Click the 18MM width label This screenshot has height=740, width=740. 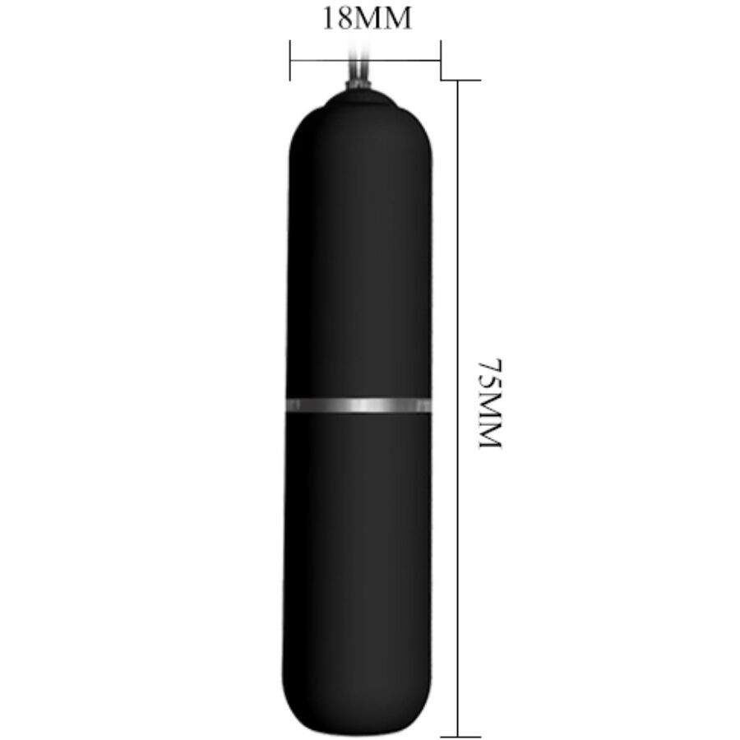(x=367, y=19)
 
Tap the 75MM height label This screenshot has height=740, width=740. (x=490, y=403)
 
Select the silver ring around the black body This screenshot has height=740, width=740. (x=358, y=405)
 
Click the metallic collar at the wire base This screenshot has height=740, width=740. (x=358, y=86)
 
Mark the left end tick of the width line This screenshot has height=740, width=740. (x=289, y=60)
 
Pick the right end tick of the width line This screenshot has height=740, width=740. (x=441, y=60)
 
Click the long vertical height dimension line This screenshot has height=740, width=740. (x=458, y=408)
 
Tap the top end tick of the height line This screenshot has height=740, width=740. (x=461, y=81)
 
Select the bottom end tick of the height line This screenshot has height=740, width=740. (x=461, y=736)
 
